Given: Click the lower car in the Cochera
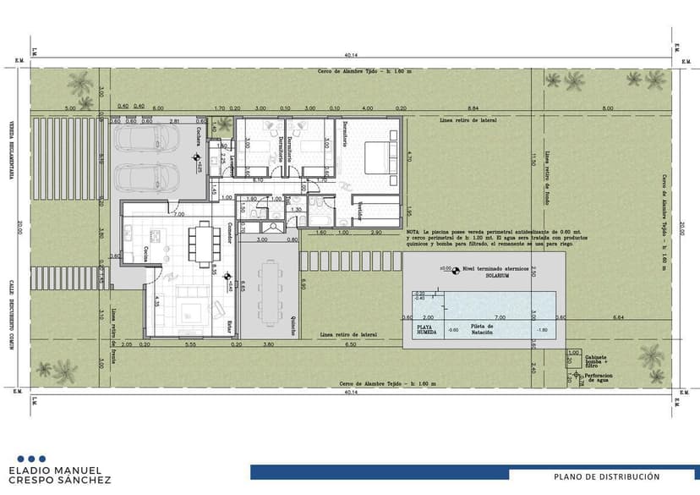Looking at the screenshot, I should pyautogui.click(x=147, y=177).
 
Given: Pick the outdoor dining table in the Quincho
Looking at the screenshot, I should pyautogui.click(x=271, y=292).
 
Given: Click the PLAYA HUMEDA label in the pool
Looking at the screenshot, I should pyautogui.click(x=428, y=329).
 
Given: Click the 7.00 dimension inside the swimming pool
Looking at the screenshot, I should pyautogui.click(x=500, y=317).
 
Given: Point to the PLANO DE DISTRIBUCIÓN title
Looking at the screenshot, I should pyautogui.click(x=607, y=476).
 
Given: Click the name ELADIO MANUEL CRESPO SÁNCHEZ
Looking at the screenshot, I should pyautogui.click(x=55, y=475).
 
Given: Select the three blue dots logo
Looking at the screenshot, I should pyautogui.click(x=31, y=459).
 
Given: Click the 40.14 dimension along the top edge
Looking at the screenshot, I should pyautogui.click(x=350, y=56).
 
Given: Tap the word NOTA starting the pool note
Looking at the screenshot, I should pyautogui.click(x=413, y=231).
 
